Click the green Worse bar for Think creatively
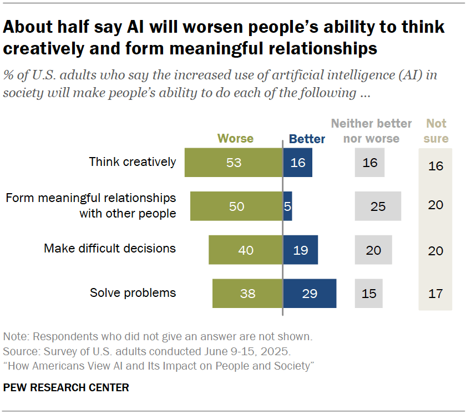[x=234, y=163]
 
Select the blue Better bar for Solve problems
[x=310, y=293]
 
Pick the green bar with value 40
[x=246, y=250]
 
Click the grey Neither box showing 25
[x=378, y=206]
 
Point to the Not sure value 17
[x=435, y=293]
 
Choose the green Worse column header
[x=235, y=138]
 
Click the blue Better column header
[x=307, y=138]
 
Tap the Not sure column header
[x=436, y=131]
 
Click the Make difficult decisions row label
[x=110, y=249]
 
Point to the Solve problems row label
[x=133, y=292]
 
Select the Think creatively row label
[x=133, y=162]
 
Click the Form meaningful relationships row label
[x=91, y=205]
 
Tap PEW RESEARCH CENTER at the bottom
[x=66, y=387]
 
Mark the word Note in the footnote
[x=15, y=337]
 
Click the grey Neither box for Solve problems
[x=369, y=293]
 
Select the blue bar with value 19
[x=300, y=250]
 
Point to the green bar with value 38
[x=247, y=293]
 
